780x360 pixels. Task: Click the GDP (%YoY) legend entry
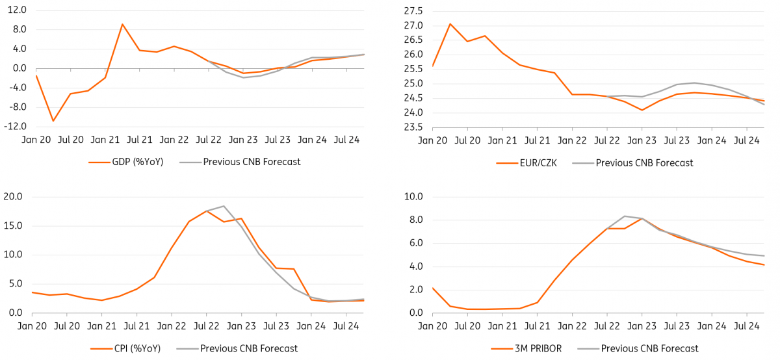[137, 162]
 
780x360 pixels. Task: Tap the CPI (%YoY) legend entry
[135, 349]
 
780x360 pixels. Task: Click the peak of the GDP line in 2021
[122, 24]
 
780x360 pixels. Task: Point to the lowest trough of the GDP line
[53, 121]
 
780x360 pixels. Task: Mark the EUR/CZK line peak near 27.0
[450, 24]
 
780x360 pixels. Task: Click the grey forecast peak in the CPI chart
[224, 206]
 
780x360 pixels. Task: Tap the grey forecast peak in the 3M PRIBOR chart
[625, 216]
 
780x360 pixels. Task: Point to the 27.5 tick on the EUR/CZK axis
[413, 11]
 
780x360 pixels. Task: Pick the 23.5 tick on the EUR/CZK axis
[413, 127]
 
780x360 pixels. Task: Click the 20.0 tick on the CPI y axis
[14, 197]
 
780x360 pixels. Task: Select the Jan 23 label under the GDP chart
[243, 140]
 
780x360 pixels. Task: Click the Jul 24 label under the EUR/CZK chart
[746, 140]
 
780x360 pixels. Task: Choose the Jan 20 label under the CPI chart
[32, 326]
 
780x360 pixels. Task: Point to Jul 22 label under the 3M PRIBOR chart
[607, 326]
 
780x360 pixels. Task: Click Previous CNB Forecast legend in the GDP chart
[252, 162]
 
